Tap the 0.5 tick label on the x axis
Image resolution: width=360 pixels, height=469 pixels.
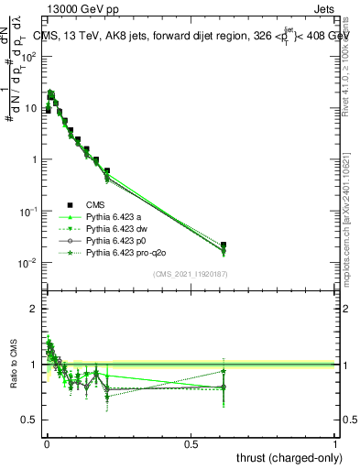tap(191, 443)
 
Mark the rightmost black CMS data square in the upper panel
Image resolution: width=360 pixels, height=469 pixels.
tap(224, 245)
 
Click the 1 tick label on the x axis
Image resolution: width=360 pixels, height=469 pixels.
tap(335, 443)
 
